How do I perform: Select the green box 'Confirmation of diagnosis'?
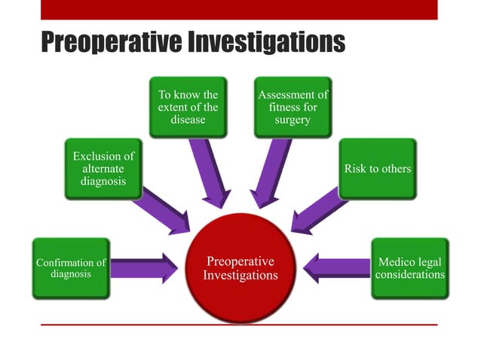(71, 268)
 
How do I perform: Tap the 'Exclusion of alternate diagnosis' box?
(103, 169)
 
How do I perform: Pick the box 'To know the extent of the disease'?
(188, 107)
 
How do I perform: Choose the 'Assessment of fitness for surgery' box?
(293, 107)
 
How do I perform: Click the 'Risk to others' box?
(377, 169)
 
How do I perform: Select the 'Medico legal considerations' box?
(410, 268)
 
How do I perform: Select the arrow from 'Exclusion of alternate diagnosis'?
(164, 210)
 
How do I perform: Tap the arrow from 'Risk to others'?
(317, 211)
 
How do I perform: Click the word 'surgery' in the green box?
(293, 121)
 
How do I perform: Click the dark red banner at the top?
(239, 9)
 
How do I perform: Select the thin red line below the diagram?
(239, 325)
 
